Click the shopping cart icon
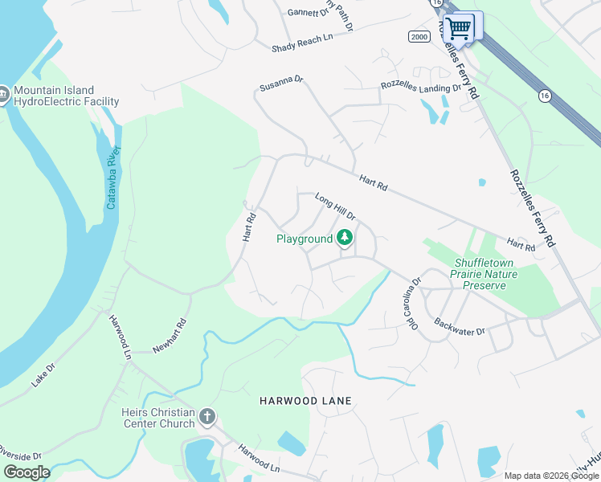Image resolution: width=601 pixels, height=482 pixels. coord(459,28)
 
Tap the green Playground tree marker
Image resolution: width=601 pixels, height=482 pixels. coord(345,238)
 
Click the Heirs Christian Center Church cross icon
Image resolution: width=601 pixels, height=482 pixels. coord(207,417)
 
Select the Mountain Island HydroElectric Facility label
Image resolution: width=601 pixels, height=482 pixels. coord(66,96)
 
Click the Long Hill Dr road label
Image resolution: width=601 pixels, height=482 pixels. coord(335,206)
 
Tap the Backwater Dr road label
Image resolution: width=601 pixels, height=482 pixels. coord(460,327)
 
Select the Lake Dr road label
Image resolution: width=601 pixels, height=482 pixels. coord(43,376)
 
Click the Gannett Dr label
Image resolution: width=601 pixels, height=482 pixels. coord(308,12)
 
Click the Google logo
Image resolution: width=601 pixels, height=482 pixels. coord(27,472)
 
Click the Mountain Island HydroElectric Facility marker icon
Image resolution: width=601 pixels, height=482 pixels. coord(5,95)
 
